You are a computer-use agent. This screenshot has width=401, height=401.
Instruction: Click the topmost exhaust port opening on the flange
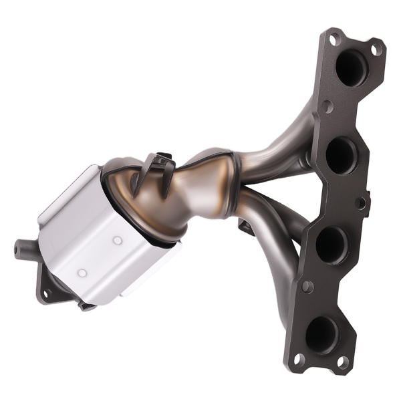click(x=352, y=67)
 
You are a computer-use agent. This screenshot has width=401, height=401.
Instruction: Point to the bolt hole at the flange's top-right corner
click(x=376, y=48)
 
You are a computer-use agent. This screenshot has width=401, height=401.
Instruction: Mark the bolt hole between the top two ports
click(x=327, y=107)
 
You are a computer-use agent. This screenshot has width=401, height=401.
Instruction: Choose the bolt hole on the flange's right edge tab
click(x=361, y=202)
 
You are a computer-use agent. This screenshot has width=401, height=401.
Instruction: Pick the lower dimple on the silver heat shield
click(x=82, y=273)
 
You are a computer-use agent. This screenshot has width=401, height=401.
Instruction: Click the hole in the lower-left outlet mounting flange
click(x=47, y=292)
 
